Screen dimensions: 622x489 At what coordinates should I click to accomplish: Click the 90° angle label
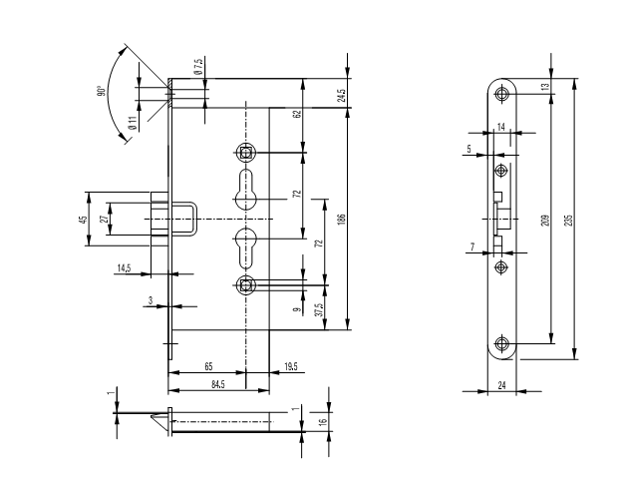coord(101,91)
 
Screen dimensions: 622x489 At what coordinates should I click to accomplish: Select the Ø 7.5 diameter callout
coord(198,66)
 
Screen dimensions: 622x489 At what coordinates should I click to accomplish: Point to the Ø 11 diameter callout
coord(133,123)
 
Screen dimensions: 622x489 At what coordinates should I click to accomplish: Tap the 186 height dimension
coord(342,220)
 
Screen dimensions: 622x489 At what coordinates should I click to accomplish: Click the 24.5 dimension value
coord(342,96)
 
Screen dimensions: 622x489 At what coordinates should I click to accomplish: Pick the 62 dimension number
coord(297,114)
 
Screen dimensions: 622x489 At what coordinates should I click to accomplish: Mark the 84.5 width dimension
coord(217,384)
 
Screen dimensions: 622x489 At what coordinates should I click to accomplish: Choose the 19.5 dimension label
coord(291,366)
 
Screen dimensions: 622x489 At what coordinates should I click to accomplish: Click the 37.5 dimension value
coord(320,309)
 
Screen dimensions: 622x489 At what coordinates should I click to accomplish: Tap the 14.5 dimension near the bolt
coord(124,268)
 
